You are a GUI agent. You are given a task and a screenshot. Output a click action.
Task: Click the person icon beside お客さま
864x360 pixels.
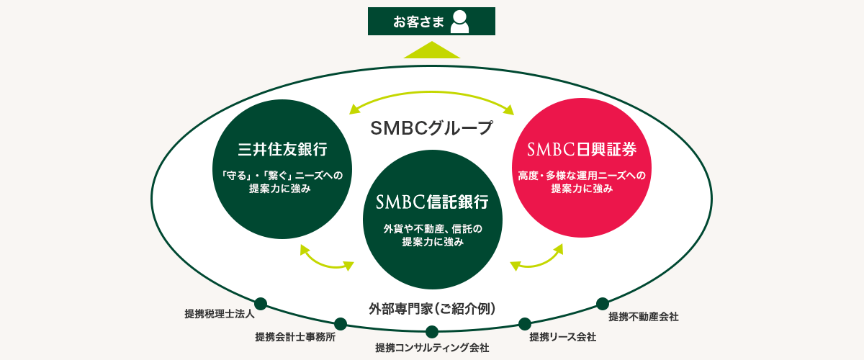pos(459,22)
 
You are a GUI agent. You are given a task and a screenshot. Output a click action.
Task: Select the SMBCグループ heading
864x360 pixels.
pos(431,128)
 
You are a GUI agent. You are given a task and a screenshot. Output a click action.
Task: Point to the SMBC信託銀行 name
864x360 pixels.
pos(432,202)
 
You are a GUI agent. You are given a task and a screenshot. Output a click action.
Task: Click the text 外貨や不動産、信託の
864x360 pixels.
pos(432,229)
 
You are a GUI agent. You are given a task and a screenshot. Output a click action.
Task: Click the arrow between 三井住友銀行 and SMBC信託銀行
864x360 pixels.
pos(326,258)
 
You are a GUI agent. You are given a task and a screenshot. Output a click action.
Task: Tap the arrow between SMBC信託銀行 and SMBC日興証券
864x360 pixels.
pos(537,258)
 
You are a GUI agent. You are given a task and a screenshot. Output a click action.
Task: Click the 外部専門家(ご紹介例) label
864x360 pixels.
pos(432,309)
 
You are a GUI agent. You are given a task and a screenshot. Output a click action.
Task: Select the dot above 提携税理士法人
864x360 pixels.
pos(261,303)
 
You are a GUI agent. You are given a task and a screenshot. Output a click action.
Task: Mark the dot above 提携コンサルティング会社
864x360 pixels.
pos(432,332)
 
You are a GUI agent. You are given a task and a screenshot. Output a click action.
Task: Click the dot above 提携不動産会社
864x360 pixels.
pos(602,303)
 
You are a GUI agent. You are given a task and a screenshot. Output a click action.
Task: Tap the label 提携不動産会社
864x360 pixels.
pos(643,316)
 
